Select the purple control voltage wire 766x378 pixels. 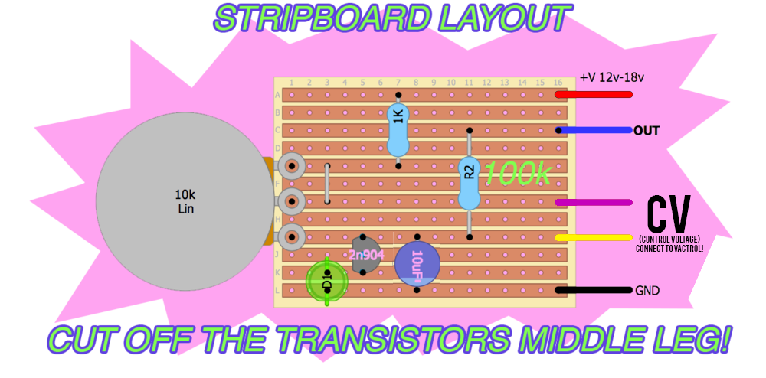coord(594,202)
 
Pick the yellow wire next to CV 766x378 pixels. coord(594,237)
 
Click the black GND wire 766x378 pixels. coord(594,290)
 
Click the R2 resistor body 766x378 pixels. coord(469,182)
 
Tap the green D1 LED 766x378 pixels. coord(327,282)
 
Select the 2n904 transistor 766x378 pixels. coord(365,255)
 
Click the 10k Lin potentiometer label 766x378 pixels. coord(185,201)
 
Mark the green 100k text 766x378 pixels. coord(516,174)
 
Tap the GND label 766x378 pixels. coord(647,291)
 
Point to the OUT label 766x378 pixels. coord(647,131)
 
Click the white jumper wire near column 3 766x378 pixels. coord(328,184)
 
